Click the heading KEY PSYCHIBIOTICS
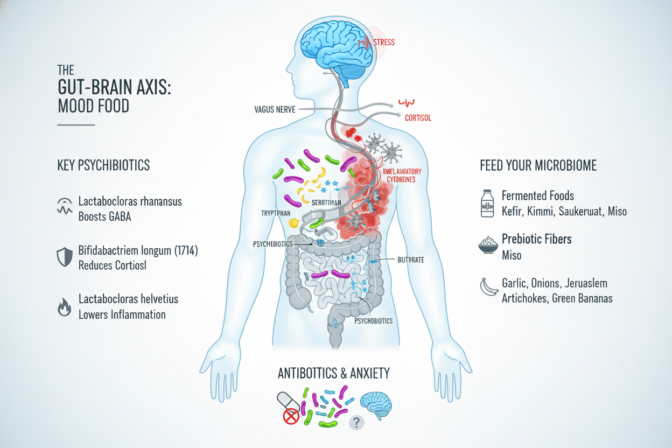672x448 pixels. pyautogui.click(x=103, y=165)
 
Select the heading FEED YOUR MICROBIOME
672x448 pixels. pyautogui.click(x=538, y=165)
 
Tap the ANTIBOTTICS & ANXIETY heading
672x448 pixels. pyautogui.click(x=333, y=373)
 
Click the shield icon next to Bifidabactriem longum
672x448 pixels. pyautogui.click(x=64, y=258)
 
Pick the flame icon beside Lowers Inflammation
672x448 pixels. pyautogui.click(x=64, y=307)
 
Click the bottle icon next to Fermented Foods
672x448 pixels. pyautogui.click(x=487, y=203)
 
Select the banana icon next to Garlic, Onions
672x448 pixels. pyautogui.click(x=487, y=287)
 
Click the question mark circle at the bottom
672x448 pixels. pyautogui.click(x=356, y=422)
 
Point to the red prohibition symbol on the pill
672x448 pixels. pyautogui.click(x=291, y=415)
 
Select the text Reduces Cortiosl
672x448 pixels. pyautogui.click(x=113, y=265)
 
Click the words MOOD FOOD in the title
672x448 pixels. pyautogui.click(x=93, y=105)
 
